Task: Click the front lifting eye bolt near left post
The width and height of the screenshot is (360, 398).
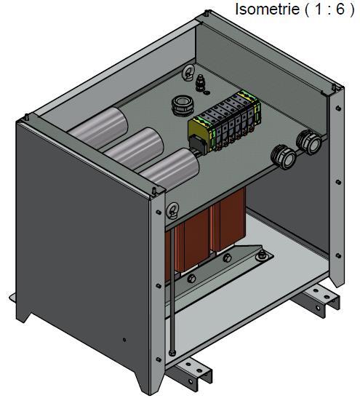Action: [x=172, y=212]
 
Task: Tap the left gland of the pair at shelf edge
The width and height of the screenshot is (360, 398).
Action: [x=283, y=155]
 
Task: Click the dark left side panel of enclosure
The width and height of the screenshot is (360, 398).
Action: [x=80, y=240]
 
